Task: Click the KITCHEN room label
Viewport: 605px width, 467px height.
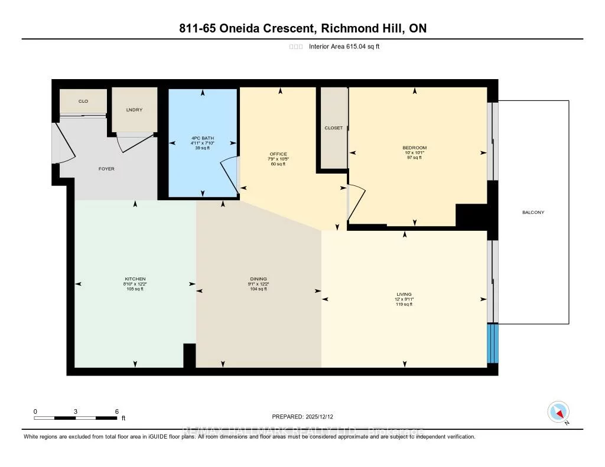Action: point(135,279)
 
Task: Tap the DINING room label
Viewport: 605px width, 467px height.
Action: point(258,279)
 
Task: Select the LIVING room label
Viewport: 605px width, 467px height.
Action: point(404,294)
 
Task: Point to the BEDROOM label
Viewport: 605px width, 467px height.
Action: point(414,148)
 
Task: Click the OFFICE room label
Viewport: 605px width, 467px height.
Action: point(278,154)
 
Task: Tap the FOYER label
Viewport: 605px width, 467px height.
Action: point(106,169)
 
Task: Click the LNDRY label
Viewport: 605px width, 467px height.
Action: point(134,110)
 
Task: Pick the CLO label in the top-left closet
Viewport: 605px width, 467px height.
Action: point(83,102)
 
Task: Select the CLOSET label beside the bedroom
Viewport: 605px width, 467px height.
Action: point(333,128)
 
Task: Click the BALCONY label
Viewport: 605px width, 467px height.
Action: point(533,213)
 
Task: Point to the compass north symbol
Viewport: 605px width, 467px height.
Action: point(558,412)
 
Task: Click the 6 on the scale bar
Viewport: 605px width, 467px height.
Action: point(117,411)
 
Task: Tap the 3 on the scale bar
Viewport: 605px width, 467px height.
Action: point(76,411)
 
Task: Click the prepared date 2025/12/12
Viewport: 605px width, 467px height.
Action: point(306,416)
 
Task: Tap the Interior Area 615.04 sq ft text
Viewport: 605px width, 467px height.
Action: point(344,47)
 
